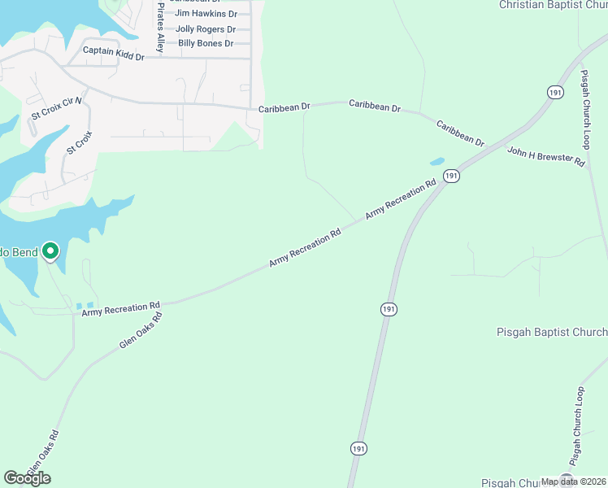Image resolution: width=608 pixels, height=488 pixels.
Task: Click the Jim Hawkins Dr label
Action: (x=206, y=14)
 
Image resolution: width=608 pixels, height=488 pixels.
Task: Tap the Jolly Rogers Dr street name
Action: (x=206, y=28)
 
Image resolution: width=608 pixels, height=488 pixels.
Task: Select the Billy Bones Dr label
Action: (x=206, y=43)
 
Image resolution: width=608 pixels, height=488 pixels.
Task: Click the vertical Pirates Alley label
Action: (x=161, y=28)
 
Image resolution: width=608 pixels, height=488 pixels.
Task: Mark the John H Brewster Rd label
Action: (x=546, y=157)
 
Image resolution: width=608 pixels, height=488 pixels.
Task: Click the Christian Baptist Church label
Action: (x=553, y=5)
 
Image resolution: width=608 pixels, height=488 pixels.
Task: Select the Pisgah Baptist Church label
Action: (x=552, y=332)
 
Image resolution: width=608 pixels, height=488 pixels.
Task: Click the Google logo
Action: (x=27, y=478)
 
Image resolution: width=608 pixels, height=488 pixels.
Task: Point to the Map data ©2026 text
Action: (x=574, y=481)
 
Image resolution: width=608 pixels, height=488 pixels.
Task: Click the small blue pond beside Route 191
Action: (x=436, y=161)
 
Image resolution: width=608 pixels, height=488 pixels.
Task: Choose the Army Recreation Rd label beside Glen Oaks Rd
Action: (x=121, y=308)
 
